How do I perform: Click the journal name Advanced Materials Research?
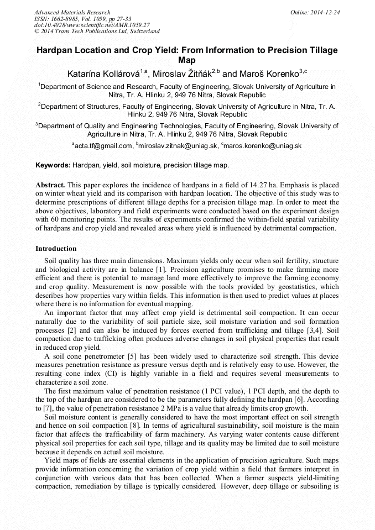tap(72, 12)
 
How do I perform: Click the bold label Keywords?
tap(53, 165)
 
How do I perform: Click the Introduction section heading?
tap(56, 249)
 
